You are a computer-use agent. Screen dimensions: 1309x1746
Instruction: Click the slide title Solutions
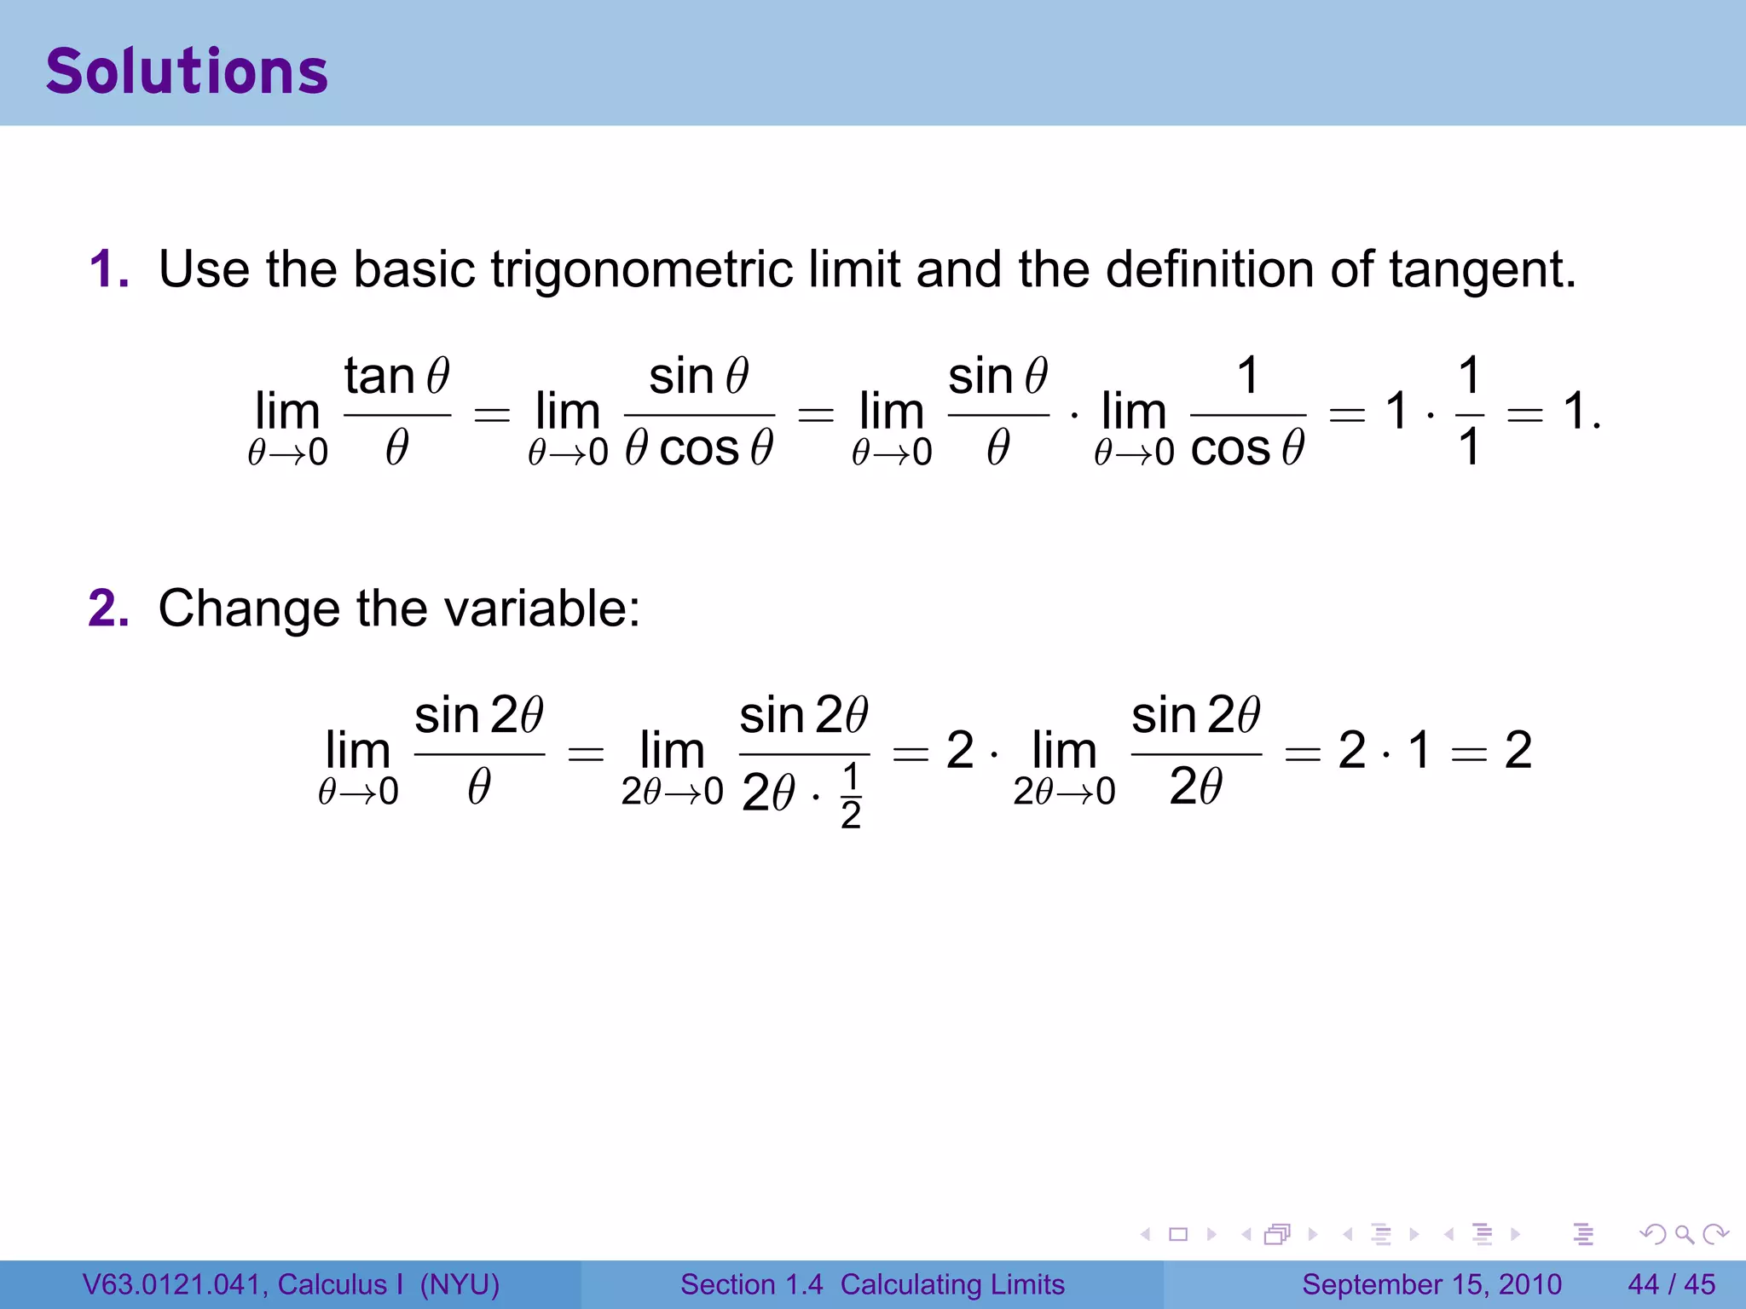[x=187, y=72]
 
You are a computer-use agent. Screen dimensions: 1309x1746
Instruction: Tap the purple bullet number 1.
[x=108, y=269]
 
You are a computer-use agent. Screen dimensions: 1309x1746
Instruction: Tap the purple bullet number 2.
[x=108, y=608]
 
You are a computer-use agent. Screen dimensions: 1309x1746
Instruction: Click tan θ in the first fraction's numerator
[x=396, y=376]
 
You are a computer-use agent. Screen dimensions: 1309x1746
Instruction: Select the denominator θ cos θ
[x=699, y=448]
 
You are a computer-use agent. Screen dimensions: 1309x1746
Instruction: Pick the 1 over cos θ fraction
[x=1247, y=412]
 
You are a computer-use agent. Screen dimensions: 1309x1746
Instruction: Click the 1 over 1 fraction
[x=1468, y=412]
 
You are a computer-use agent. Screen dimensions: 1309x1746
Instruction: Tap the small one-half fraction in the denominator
[x=850, y=796]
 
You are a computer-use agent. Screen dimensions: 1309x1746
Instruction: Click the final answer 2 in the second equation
[x=1518, y=751]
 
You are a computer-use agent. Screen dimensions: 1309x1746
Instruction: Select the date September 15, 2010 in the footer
[x=1431, y=1284]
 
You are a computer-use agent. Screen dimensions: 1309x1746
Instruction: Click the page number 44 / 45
[x=1671, y=1284]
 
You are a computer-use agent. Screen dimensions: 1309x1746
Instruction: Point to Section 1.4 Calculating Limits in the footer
[x=872, y=1284]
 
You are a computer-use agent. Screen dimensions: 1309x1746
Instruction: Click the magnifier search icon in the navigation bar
[x=1684, y=1234]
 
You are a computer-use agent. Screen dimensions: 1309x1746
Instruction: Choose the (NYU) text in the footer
[x=460, y=1284]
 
